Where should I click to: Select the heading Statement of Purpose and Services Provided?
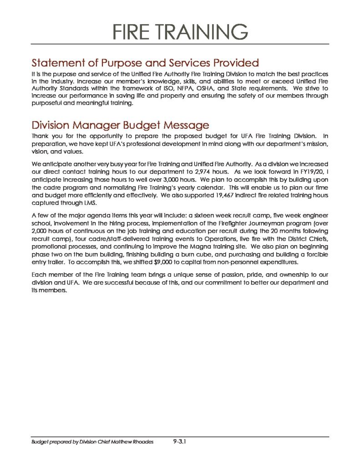click(145, 63)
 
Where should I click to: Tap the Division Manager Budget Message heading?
click(120, 125)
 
